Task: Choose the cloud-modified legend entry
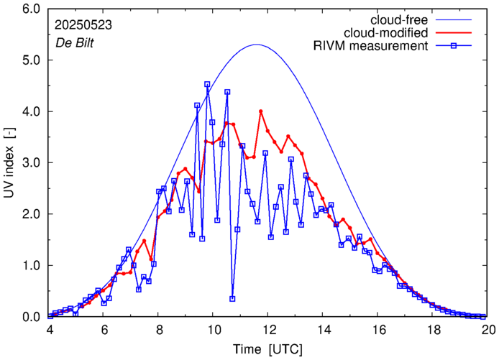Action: coord(388,33)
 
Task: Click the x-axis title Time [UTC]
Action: coord(269,349)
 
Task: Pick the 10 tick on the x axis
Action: coord(214,329)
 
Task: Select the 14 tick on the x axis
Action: coord(324,329)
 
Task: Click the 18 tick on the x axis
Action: coord(434,329)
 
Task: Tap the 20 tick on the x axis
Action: coord(488,329)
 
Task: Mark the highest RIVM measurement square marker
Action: coord(207,85)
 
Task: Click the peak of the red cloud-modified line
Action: coord(261,111)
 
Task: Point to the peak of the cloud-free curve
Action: coord(257,45)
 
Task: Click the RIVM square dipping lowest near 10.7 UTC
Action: coord(232,299)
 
